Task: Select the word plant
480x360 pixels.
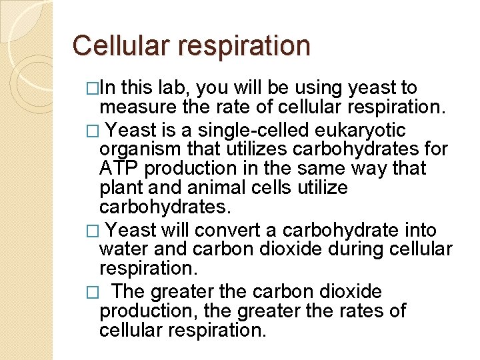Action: [119, 188]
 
